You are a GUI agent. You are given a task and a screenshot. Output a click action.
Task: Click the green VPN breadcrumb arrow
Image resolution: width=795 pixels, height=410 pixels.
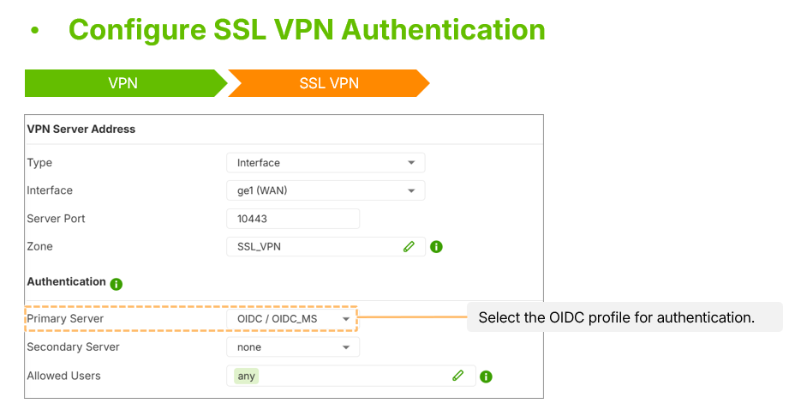coord(123,83)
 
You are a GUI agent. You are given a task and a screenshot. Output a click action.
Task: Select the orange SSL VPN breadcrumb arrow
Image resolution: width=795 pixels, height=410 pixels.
coord(329,83)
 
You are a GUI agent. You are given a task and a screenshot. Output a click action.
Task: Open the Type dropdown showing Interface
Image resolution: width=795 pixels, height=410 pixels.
coord(326,163)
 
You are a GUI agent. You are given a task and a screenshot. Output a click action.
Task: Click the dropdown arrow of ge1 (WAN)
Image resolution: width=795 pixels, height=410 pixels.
coord(411,190)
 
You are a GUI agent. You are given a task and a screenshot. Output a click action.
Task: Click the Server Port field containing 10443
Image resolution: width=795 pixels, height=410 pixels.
coord(293,219)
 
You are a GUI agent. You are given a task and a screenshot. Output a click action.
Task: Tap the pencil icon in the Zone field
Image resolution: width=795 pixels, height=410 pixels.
coord(409,247)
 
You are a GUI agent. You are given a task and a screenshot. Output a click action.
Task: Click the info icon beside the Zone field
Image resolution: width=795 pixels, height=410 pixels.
coord(436,247)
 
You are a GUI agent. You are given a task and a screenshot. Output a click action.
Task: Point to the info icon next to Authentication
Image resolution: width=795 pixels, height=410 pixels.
coord(117,284)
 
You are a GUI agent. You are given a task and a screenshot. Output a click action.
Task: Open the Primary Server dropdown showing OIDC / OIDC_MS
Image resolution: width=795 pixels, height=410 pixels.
coord(293,319)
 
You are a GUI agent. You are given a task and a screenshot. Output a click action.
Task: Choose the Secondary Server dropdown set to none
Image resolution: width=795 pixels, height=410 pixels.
coord(293,347)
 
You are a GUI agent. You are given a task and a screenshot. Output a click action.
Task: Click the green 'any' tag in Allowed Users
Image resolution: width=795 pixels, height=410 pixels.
coord(247,376)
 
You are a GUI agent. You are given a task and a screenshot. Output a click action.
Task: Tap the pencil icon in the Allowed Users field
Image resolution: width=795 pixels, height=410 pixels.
coord(457,376)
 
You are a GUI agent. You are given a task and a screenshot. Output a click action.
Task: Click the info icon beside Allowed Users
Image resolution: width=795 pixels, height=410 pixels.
coord(486,377)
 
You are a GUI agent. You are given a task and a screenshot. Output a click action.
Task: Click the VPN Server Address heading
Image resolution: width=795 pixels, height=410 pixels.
coord(81,130)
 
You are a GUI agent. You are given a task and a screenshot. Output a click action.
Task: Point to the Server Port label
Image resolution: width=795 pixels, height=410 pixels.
coord(56,219)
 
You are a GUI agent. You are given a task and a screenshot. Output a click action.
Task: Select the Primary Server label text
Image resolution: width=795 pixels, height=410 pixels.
coord(65,319)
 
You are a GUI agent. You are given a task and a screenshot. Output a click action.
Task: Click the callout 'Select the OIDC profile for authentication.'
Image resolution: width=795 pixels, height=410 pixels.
coord(617,317)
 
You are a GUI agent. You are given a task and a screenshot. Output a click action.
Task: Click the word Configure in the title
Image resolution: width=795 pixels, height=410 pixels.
coord(137,30)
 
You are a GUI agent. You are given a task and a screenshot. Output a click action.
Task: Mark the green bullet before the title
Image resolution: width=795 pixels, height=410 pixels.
coord(34,30)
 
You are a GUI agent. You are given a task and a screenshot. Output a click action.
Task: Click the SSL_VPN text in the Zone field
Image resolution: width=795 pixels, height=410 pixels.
coord(259,247)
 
